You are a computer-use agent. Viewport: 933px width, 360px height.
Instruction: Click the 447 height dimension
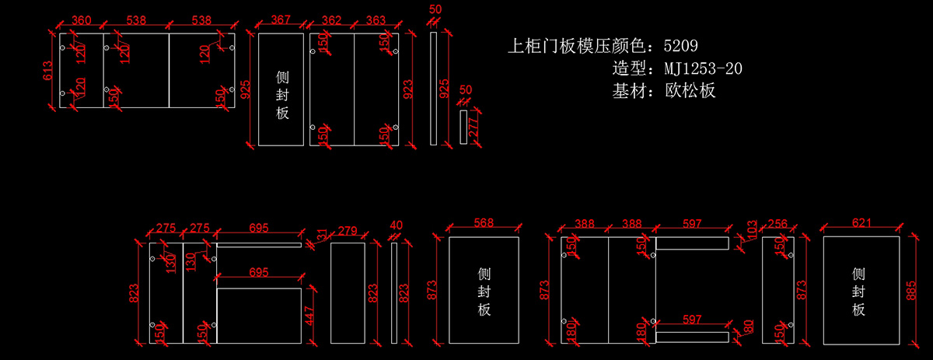pos(310,315)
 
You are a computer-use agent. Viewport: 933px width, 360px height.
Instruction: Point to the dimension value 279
pos(348,230)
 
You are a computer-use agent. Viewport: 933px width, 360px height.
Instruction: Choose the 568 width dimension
pos(484,223)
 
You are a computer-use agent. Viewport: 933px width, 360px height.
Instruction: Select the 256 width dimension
pos(777,223)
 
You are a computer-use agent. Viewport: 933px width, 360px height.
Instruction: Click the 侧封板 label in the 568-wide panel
pos(484,292)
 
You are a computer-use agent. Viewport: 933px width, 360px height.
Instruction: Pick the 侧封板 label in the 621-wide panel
pos(858,292)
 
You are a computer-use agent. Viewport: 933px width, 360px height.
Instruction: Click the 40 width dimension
pos(395,225)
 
